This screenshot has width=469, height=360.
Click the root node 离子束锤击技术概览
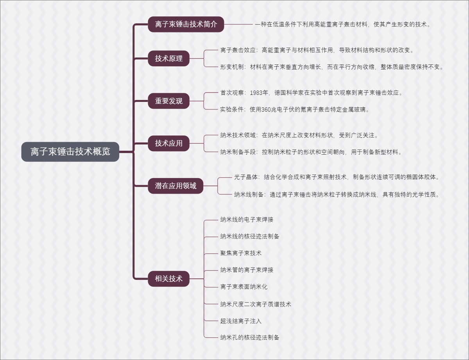pos(70,151)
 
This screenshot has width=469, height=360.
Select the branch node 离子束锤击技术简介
pos(186,24)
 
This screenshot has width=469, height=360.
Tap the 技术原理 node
pos(168,59)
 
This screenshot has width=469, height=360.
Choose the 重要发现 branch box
pos(168,101)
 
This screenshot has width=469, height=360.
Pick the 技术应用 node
pos(168,143)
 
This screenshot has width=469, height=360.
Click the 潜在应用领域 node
pos(175,186)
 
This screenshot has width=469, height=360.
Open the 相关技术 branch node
pos(168,279)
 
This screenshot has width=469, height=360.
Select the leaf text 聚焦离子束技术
pos(241,253)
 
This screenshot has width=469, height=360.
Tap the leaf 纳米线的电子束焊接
pos(247,219)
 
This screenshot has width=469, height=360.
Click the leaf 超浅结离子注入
pos(241,321)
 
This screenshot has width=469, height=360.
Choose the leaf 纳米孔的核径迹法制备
pos(250,337)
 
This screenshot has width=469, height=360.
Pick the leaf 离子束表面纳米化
pos(244,287)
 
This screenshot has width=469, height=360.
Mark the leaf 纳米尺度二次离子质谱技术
pos(256,304)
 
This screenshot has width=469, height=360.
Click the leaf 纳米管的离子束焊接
pos(247,270)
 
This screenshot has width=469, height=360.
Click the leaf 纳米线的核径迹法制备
pos(250,236)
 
